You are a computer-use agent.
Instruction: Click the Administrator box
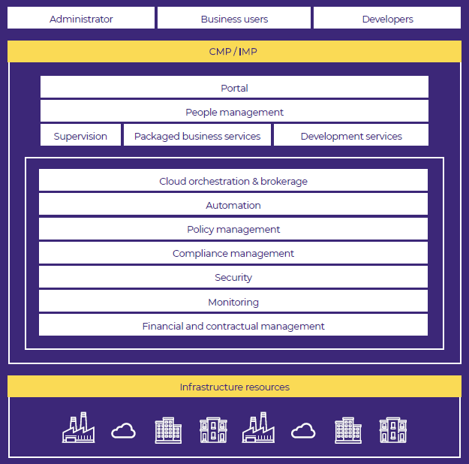[81, 18]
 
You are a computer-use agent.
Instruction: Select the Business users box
[234, 18]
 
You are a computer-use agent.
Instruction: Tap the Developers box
[387, 18]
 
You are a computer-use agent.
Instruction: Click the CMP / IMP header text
[233, 52]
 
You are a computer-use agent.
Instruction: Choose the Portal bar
[234, 87]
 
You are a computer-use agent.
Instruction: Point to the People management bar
[234, 111]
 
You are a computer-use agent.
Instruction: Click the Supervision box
[80, 135]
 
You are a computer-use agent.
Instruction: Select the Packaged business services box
[197, 135]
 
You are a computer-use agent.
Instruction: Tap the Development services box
[351, 135]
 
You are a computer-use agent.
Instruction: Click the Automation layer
[233, 204]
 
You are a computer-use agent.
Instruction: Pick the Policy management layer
[233, 229]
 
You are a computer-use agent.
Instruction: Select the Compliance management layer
[233, 253]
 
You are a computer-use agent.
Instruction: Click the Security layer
[233, 277]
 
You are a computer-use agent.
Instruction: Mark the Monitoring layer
[233, 301]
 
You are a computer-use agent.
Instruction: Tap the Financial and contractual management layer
[233, 325]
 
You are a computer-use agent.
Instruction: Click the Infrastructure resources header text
[234, 387]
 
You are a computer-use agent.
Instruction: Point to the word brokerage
[284, 182]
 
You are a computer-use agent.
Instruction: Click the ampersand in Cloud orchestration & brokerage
[255, 182]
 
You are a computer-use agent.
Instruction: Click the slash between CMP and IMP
[235, 52]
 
